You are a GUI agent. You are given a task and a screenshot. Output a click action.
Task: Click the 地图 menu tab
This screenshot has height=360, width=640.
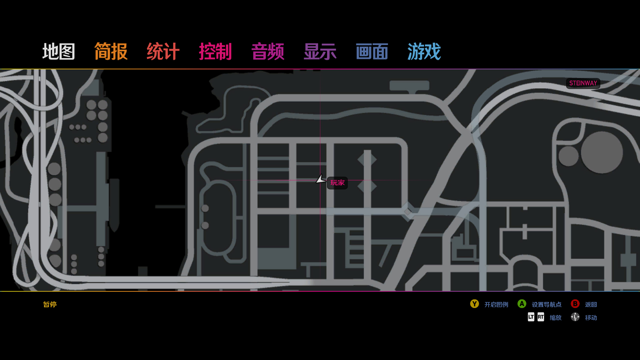click(59, 52)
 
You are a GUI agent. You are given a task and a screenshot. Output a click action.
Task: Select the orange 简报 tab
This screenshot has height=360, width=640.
click(111, 52)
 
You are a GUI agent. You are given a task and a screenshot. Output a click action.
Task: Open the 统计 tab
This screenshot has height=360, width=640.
click(163, 52)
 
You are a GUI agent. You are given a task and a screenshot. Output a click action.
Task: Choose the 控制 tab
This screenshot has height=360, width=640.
click(215, 52)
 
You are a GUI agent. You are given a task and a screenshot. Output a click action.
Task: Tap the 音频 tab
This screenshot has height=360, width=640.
click(268, 52)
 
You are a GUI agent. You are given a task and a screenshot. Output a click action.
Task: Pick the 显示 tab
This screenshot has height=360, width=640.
click(320, 52)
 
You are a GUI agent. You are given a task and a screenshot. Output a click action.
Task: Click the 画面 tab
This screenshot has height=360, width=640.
click(372, 52)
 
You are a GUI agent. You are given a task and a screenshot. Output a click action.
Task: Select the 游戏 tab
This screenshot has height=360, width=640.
click(424, 52)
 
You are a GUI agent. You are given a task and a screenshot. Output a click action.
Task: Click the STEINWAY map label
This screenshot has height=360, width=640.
click(583, 83)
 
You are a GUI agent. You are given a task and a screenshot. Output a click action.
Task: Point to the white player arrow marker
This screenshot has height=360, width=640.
click(321, 180)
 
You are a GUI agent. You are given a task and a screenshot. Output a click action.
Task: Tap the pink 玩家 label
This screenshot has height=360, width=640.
click(337, 183)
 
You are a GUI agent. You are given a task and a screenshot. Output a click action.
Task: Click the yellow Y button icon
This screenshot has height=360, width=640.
click(474, 304)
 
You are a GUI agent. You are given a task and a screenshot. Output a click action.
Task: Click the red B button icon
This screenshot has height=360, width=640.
click(575, 304)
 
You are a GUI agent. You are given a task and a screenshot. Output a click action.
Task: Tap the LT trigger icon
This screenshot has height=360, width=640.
click(531, 317)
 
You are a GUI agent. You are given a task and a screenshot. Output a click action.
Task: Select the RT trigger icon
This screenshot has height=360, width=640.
click(541, 317)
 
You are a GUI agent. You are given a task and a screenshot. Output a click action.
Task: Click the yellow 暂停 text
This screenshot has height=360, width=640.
click(50, 304)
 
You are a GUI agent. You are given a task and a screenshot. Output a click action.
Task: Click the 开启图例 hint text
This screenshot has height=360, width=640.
click(496, 305)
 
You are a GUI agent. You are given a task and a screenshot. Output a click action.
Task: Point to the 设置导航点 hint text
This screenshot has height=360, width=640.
click(547, 305)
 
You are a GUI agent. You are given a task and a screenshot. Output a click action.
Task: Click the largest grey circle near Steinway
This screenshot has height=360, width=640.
click(602, 152)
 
